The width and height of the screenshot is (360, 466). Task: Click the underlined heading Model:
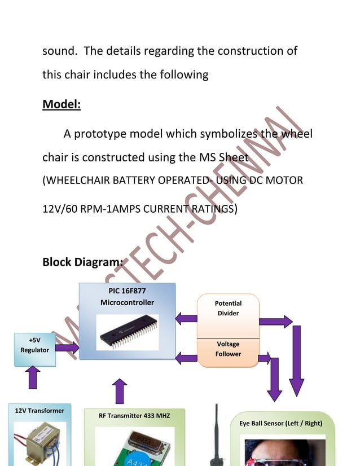click(x=62, y=104)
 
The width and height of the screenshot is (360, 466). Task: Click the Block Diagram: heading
click(x=82, y=262)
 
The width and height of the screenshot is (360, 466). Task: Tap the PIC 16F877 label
click(x=127, y=291)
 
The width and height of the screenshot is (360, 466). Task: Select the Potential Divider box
click(x=228, y=309)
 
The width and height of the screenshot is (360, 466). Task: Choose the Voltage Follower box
click(x=228, y=349)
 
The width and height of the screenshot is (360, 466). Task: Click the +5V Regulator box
click(x=34, y=345)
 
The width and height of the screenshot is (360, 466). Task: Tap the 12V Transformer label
click(x=39, y=411)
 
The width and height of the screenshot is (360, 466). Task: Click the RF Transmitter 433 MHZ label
click(x=134, y=416)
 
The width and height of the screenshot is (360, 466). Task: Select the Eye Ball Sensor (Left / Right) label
click(x=284, y=423)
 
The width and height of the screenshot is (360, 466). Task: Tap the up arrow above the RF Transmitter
click(x=120, y=391)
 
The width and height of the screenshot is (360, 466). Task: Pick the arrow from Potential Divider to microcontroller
click(x=186, y=319)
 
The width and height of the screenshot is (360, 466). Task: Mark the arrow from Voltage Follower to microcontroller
click(x=186, y=357)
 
